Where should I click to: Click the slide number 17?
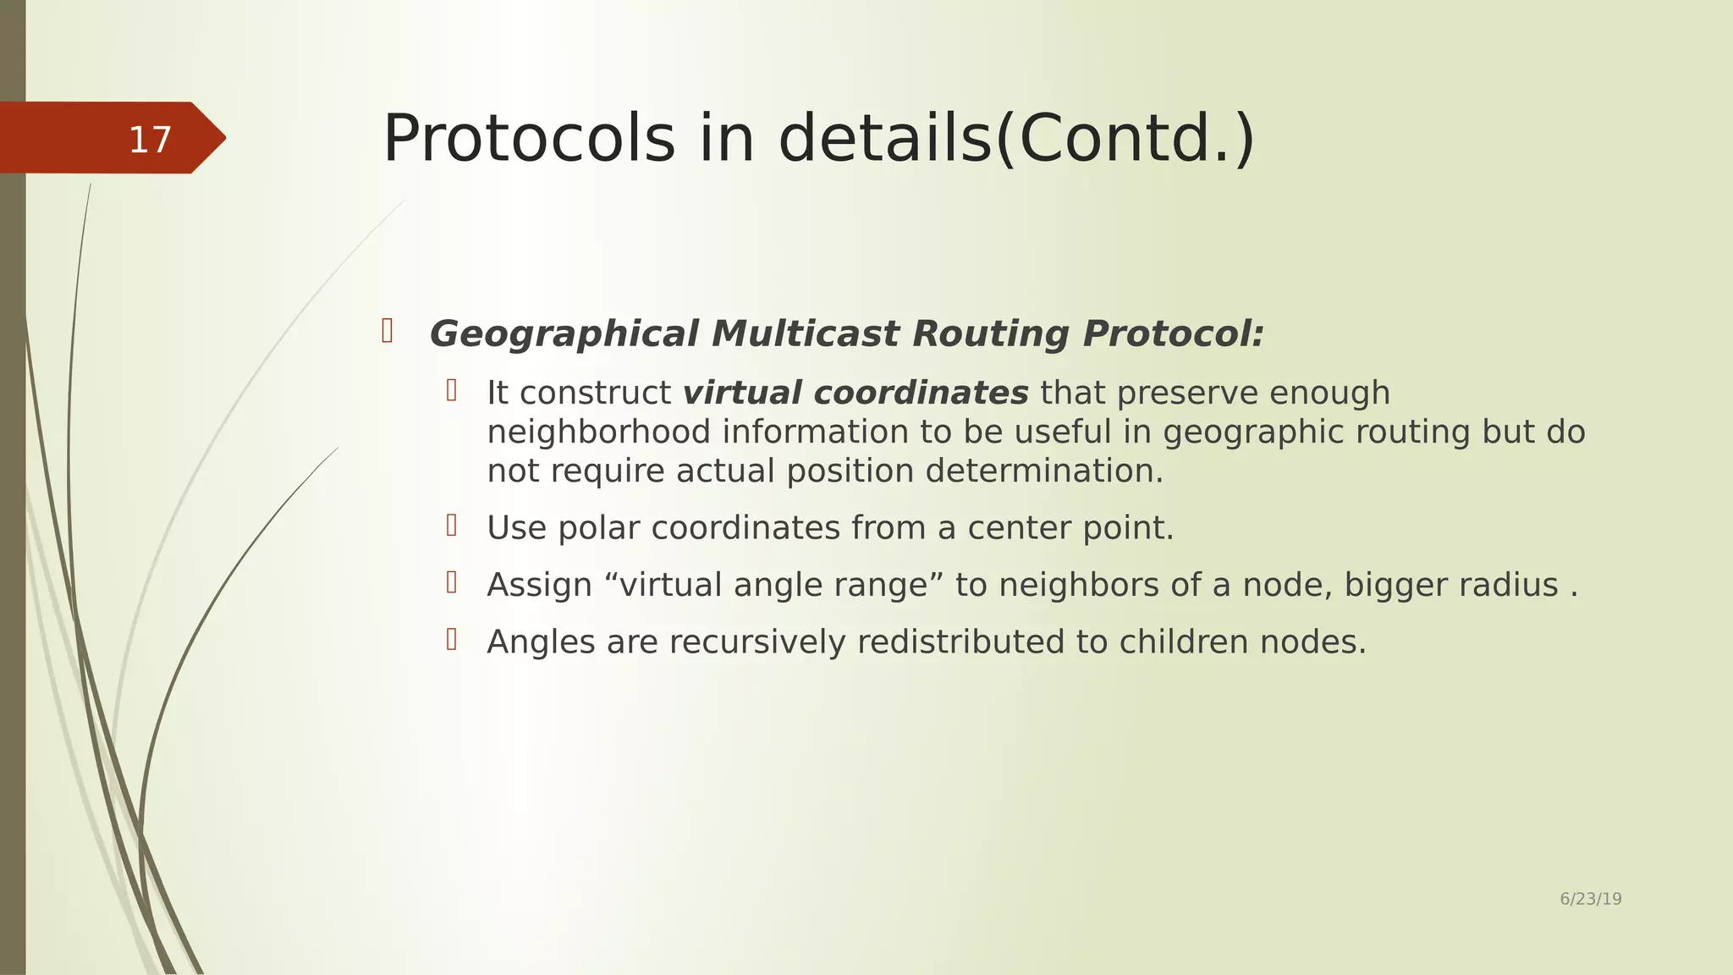[x=150, y=140]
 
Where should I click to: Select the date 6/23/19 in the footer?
[x=1590, y=899]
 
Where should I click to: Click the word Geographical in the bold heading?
[x=564, y=333]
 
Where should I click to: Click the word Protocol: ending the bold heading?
[x=1173, y=333]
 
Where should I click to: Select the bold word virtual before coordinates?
[x=742, y=393]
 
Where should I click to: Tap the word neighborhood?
[x=598, y=432]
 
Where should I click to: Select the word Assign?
[x=539, y=585]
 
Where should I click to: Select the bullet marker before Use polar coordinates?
[x=452, y=526]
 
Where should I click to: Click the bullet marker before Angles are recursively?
[x=452, y=639]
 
